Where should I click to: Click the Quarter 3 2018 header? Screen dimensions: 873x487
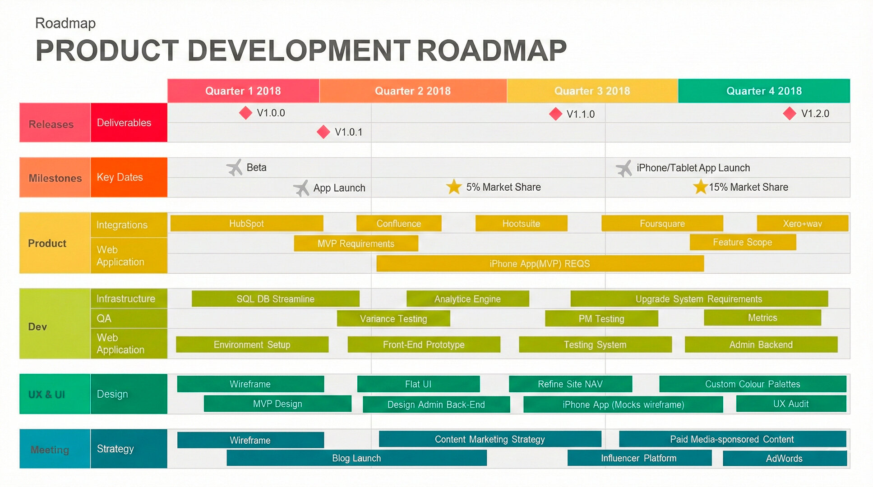(592, 91)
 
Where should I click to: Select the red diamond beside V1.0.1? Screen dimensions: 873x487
(323, 132)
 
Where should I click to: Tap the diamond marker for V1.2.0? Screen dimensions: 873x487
(790, 114)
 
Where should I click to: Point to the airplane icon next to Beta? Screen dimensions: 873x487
(235, 168)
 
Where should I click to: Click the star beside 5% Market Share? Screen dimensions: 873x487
(454, 187)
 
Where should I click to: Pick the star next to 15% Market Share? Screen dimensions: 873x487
(700, 187)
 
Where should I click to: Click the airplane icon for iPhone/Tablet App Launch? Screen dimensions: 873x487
(624, 169)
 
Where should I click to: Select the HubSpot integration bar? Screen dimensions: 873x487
(246, 224)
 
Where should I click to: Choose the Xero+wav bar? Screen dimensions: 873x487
(802, 224)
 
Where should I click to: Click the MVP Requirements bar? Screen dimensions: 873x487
(356, 243)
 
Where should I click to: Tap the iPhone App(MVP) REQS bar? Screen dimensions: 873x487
(540, 264)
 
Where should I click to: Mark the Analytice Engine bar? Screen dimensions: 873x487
(467, 299)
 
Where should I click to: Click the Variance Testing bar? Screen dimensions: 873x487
(393, 319)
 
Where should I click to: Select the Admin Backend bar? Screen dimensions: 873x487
(761, 345)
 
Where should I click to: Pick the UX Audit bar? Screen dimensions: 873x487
(790, 404)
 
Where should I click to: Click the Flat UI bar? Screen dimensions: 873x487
(418, 384)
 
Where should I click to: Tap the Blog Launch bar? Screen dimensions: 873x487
(356, 458)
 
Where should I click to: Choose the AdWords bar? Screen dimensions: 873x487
(784, 459)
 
